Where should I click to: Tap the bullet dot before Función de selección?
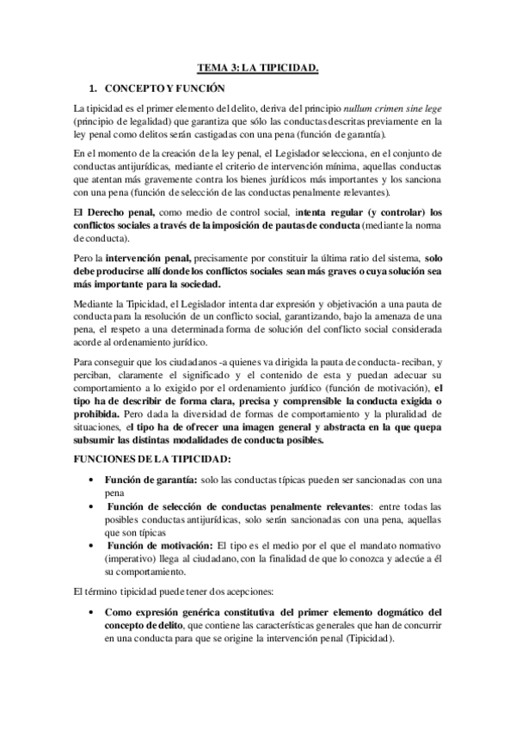92,507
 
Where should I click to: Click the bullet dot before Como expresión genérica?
92,612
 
